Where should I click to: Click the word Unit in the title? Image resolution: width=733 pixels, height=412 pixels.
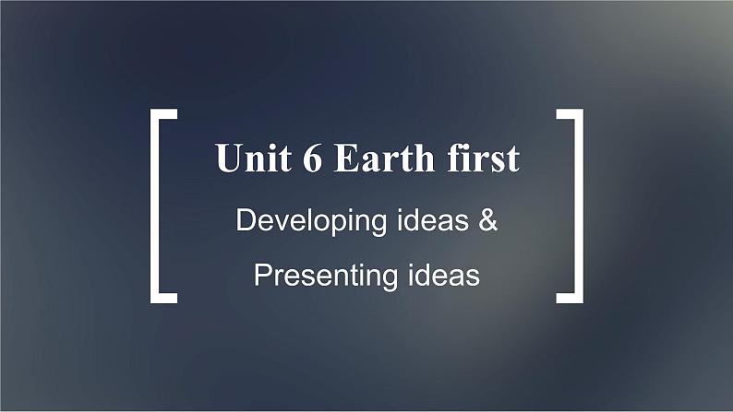point(253,158)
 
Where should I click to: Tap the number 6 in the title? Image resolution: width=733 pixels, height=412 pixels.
point(312,158)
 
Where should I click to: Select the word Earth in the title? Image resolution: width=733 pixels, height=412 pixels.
point(384,158)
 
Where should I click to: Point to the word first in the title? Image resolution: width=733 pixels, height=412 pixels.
point(483,158)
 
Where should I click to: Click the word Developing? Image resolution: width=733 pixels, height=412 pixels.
point(311,221)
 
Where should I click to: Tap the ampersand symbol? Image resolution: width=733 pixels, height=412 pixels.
point(487,219)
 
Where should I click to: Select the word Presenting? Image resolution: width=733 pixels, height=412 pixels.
point(326,277)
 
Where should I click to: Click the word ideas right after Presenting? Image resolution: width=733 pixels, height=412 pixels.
point(444,275)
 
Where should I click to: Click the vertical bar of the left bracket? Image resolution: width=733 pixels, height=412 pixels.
point(155,206)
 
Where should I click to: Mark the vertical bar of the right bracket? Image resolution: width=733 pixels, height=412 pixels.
point(579,206)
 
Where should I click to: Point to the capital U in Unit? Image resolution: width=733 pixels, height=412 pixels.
point(227,158)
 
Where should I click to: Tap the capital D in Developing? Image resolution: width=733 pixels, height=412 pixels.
point(246,219)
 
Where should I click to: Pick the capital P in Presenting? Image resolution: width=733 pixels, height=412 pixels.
point(263,275)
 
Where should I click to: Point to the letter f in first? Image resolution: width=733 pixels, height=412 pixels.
point(454,157)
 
